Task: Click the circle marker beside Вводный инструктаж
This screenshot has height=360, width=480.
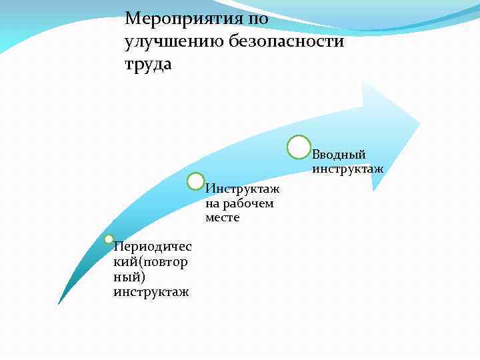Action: click(x=299, y=147)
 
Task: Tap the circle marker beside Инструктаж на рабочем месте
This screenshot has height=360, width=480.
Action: click(x=196, y=181)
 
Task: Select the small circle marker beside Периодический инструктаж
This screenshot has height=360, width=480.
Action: click(x=109, y=239)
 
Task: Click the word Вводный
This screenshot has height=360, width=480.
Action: click(x=339, y=155)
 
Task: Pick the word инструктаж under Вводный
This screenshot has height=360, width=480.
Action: click(x=347, y=169)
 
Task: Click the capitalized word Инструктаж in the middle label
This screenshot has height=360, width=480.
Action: click(x=243, y=189)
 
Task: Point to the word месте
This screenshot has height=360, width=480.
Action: click(x=223, y=217)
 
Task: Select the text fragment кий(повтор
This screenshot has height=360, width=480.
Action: click(x=151, y=261)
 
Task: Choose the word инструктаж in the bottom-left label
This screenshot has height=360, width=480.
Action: click(x=151, y=291)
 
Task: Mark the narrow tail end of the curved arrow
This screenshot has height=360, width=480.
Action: click(x=61, y=301)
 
